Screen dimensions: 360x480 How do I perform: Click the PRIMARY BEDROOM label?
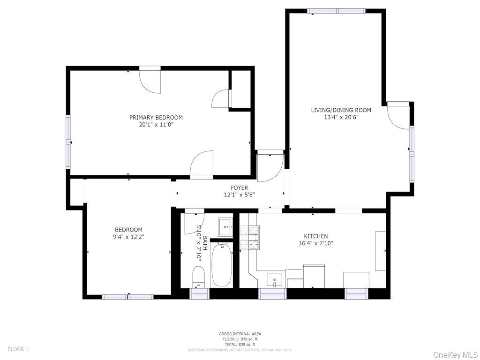click(156, 118)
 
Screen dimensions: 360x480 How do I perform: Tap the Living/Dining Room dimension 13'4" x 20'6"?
click(341, 118)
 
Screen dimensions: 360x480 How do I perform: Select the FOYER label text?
click(240, 188)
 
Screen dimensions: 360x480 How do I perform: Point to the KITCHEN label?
click(316, 236)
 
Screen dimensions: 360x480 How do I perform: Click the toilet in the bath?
click(199, 277)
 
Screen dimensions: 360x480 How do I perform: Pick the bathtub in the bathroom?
click(221, 265)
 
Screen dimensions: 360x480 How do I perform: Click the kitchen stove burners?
click(250, 237)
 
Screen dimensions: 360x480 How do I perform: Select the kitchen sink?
click(274, 280)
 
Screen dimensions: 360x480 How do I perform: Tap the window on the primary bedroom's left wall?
click(68, 142)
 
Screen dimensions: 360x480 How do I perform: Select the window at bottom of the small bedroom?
click(127, 297)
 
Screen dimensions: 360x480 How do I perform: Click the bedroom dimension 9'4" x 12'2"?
click(129, 237)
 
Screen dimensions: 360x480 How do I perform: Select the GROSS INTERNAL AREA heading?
click(240, 334)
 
